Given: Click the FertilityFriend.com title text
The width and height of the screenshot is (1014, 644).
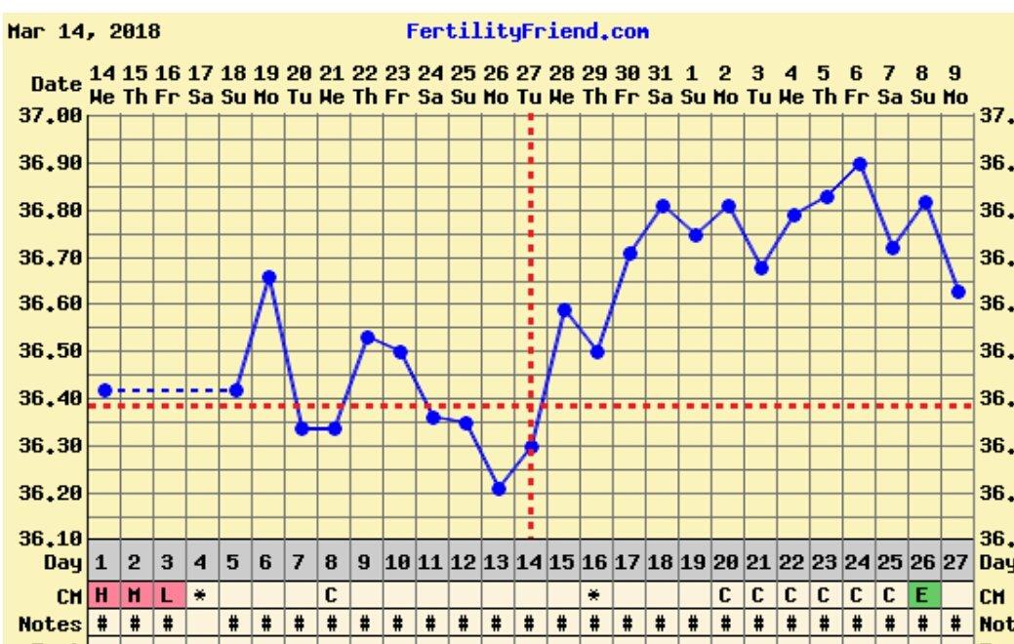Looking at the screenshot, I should (527, 31).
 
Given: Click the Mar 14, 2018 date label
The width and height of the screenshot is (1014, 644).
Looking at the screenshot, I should (84, 31).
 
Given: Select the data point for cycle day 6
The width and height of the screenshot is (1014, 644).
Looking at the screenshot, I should (269, 277).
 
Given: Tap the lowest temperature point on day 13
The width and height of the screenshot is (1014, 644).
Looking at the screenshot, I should (499, 488).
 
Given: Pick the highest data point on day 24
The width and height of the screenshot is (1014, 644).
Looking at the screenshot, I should (860, 164).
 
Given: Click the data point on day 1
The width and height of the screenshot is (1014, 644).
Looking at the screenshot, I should (105, 390).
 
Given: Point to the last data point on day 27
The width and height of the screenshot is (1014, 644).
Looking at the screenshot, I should (958, 291).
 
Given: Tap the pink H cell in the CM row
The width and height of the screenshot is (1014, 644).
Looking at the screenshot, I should (101, 594).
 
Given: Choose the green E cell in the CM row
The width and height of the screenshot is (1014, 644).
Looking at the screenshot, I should (921, 594).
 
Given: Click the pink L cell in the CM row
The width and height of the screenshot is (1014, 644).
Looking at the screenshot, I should (167, 594).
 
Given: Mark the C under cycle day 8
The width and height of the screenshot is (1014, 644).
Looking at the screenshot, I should (331, 594).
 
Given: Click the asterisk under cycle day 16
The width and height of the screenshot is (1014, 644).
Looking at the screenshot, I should (593, 594).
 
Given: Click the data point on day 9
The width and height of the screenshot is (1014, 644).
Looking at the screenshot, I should (368, 338).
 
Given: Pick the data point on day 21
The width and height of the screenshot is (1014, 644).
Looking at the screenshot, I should (761, 267).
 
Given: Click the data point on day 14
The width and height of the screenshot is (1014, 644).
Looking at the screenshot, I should (532, 447).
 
